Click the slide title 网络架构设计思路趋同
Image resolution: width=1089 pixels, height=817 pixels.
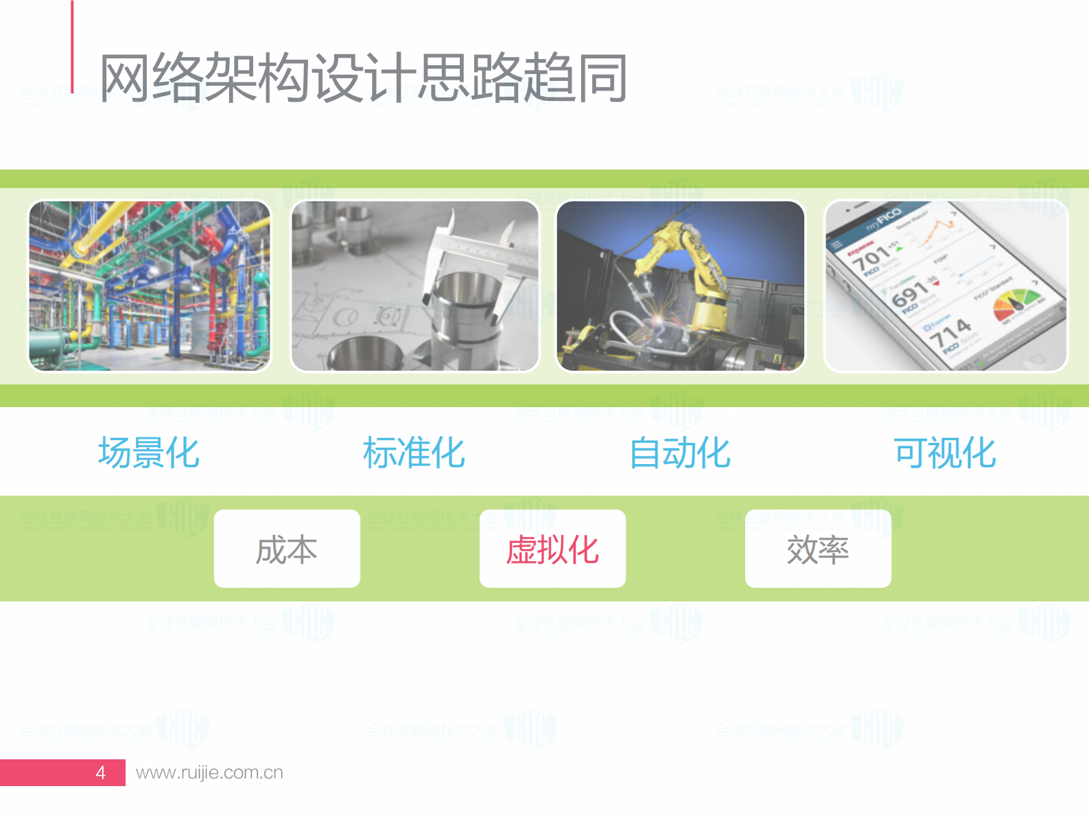point(364,78)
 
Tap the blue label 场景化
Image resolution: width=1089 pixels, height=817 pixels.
point(149,453)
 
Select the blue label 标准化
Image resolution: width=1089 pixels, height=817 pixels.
point(414,453)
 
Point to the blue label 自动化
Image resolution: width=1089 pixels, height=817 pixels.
point(680,453)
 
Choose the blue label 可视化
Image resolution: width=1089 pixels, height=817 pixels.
point(945,453)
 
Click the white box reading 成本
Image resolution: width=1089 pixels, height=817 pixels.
point(287,549)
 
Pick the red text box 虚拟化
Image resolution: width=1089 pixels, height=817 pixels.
point(552,549)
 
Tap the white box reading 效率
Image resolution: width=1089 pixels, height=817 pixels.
point(818,549)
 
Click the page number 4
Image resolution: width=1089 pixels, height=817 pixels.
point(101,772)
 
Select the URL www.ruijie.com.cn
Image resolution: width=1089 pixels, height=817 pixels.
point(209,772)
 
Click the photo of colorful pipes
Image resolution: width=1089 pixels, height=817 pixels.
point(150,286)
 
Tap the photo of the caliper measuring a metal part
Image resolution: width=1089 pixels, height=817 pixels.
point(414,286)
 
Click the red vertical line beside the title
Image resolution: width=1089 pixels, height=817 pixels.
point(72,47)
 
